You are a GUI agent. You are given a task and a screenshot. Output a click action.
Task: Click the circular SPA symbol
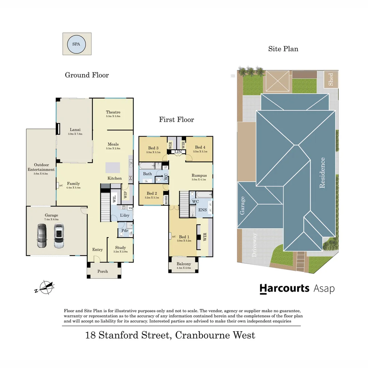point(77,44)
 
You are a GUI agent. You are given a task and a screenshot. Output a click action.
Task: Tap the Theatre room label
point(113,112)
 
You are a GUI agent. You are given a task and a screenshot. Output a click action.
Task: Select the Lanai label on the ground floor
point(75,129)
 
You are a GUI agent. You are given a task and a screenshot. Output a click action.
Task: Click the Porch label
point(103,271)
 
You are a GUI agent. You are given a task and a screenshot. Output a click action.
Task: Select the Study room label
point(120,248)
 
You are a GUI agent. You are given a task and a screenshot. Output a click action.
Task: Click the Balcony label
point(184,264)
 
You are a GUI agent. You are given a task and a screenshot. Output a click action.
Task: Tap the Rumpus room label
point(199,175)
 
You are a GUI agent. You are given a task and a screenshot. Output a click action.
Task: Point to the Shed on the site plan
point(331,79)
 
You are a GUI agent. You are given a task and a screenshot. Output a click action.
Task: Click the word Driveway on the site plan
point(254,245)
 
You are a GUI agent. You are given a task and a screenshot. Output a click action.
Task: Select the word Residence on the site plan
point(322,173)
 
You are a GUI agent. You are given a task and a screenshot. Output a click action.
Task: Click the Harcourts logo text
point(284,289)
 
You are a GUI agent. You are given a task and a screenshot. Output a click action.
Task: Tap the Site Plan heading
point(283,49)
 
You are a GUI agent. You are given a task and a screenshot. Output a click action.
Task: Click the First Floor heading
point(177,120)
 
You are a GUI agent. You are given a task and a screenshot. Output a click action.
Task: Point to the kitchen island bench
point(113,168)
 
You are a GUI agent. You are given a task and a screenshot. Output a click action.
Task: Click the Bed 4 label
point(200,148)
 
